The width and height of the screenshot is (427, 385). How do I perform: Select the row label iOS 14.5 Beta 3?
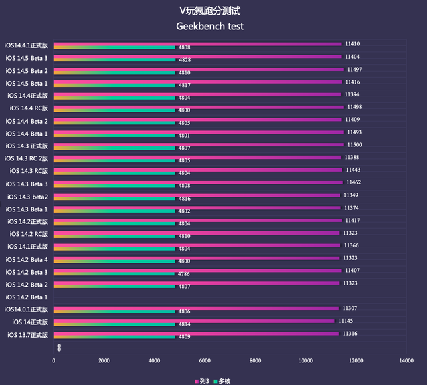tap(27, 58)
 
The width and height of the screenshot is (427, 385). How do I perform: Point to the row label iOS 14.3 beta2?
tap(27, 197)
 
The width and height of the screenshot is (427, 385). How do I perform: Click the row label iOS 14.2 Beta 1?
tap(27, 297)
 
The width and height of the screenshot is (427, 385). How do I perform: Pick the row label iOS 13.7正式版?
tap(27, 334)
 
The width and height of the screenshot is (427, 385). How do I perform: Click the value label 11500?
tap(354, 144)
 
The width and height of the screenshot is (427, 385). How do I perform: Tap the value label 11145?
tap(346, 321)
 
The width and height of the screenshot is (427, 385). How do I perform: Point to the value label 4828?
tap(185, 60)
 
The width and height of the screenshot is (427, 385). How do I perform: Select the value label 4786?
tap(184, 274)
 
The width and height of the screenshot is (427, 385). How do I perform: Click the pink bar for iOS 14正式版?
tap(193, 321)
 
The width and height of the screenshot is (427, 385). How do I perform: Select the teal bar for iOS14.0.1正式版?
tap(114, 311)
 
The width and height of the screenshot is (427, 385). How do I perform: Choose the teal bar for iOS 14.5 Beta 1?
tap(114, 86)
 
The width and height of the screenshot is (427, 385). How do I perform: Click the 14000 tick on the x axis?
tap(406, 360)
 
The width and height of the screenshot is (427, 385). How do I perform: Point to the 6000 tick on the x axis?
tap(205, 360)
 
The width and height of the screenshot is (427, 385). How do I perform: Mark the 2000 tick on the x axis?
tap(104, 360)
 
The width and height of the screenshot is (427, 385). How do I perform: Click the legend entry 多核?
tap(224, 380)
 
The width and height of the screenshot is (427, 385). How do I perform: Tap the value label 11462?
tap(353, 182)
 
